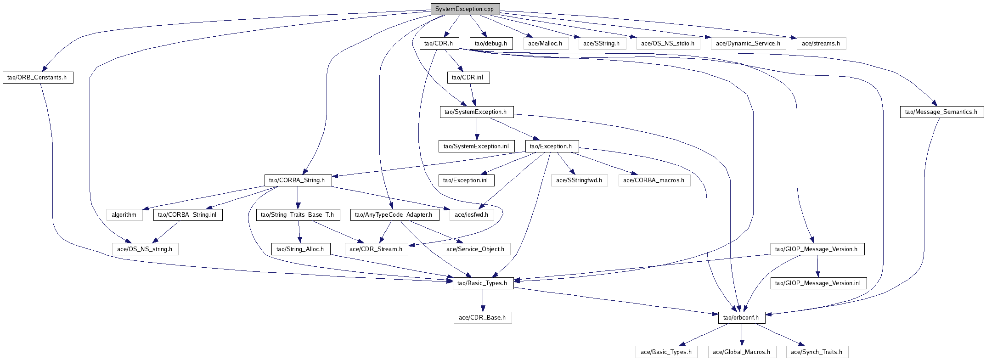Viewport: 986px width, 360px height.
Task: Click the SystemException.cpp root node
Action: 465,9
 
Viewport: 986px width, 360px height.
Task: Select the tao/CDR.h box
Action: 439,44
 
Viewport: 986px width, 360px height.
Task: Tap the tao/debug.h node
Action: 490,44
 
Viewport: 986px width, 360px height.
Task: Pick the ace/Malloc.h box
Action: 545,44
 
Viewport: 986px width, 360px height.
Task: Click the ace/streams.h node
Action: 821,44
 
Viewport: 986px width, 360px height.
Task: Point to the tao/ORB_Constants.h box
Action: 37,78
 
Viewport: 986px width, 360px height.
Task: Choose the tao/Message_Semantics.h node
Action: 941,112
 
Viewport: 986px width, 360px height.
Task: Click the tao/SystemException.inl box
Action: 476,146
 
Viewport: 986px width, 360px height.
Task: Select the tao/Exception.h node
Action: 551,146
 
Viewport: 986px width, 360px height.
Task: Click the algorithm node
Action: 124,215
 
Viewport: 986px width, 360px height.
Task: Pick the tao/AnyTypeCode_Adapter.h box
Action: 394,215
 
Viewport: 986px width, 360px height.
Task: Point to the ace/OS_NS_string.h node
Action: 145,249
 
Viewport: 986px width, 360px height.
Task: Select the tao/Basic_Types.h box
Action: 483,283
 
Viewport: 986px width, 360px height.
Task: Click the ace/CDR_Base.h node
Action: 482,318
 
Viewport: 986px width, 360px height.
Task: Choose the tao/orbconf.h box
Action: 741,318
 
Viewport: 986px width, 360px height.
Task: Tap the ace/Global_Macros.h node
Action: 741,352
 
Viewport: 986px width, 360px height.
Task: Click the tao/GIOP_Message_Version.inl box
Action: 818,283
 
